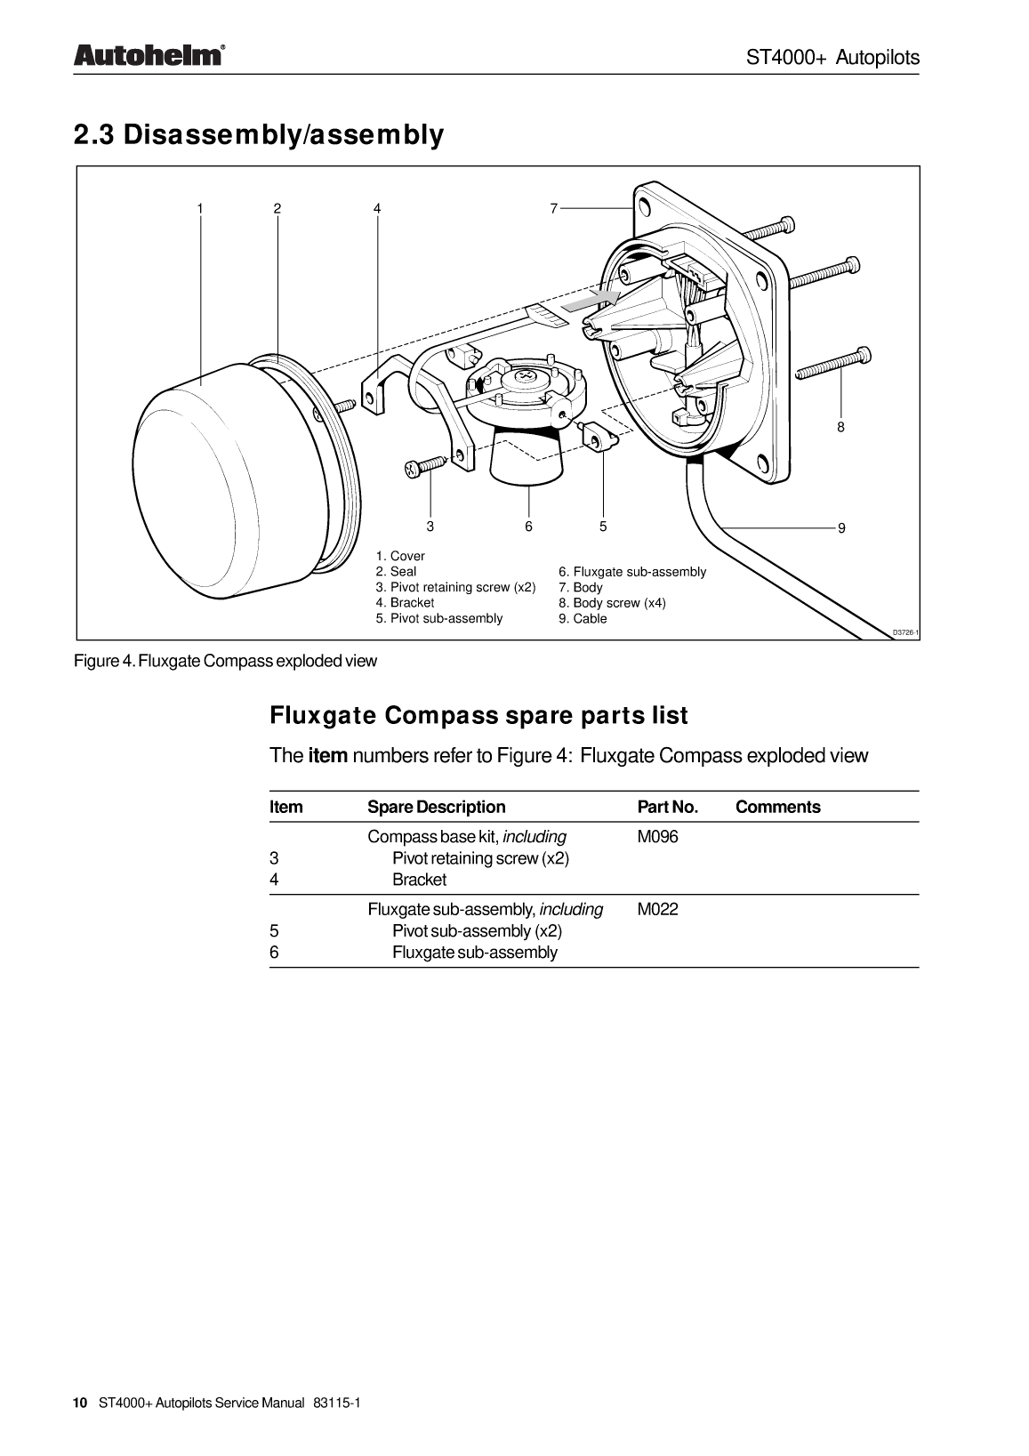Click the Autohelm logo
coord(148,55)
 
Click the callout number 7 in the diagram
coord(553,208)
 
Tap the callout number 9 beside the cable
coord(841,528)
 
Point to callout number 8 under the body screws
coord(840,427)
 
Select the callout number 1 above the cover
coord(200,208)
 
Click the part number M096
coord(657,837)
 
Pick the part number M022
coord(657,910)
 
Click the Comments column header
coord(777,808)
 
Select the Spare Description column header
coord(436,808)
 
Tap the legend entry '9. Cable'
coord(583,619)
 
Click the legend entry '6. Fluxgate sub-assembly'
coord(631,572)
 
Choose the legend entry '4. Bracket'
coord(405,603)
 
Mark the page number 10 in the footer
coord(80,1403)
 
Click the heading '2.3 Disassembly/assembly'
coord(258,135)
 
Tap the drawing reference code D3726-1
coord(904,632)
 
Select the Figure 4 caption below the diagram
coord(225,661)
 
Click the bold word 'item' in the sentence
coord(327,756)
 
